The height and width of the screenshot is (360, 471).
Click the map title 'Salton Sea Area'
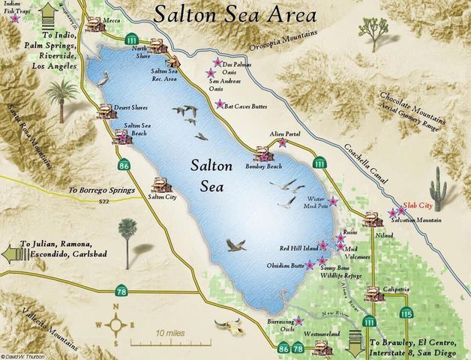pos(238,13)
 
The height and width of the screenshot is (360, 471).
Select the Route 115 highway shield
pos(406,313)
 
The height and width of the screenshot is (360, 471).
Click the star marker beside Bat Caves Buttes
pos(220,104)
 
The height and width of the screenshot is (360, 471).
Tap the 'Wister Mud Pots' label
pos(319,202)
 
